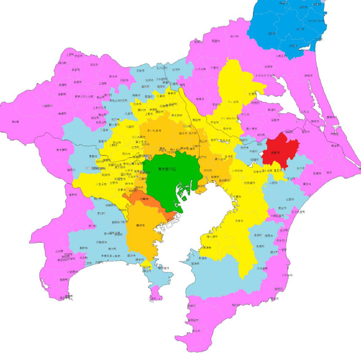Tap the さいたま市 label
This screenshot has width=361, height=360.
(156, 129)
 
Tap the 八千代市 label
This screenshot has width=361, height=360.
(237, 171)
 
